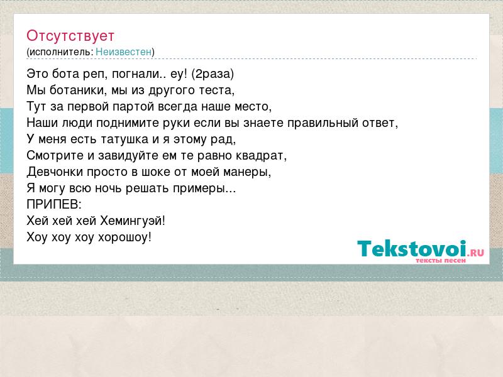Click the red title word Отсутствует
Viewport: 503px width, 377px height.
click(x=70, y=36)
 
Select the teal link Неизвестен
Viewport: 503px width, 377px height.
click(x=123, y=52)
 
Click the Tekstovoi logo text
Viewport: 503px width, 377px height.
click(x=412, y=248)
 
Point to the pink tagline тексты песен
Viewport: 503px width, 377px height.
click(x=441, y=261)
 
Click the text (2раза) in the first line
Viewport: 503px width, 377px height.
click(x=213, y=74)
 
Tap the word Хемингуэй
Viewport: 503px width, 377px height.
click(x=131, y=221)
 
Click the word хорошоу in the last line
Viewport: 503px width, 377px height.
click(x=123, y=238)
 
